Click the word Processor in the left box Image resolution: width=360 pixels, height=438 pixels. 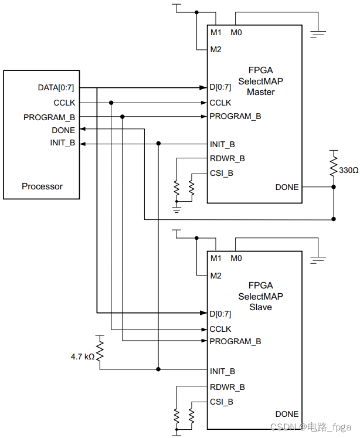42,186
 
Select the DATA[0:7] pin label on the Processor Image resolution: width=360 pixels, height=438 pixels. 56,88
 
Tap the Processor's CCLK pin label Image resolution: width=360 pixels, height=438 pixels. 64,103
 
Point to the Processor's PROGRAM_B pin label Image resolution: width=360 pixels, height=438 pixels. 49,117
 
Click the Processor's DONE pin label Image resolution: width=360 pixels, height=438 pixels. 63,130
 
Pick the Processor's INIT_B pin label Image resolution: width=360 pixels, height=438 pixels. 63,143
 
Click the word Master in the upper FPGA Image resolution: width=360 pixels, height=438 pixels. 260,92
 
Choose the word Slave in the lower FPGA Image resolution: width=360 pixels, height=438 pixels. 260,307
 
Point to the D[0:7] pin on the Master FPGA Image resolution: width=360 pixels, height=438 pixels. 220,88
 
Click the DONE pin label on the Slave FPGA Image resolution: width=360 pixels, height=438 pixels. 287,414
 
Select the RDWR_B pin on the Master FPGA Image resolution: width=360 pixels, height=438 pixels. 227,158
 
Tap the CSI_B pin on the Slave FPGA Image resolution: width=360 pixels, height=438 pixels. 221,402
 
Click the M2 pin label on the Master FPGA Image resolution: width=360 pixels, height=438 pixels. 215,49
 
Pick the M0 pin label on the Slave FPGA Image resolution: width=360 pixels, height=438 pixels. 236,258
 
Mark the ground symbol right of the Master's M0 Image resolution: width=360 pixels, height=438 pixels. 318,33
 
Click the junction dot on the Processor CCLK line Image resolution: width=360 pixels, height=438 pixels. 111,103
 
